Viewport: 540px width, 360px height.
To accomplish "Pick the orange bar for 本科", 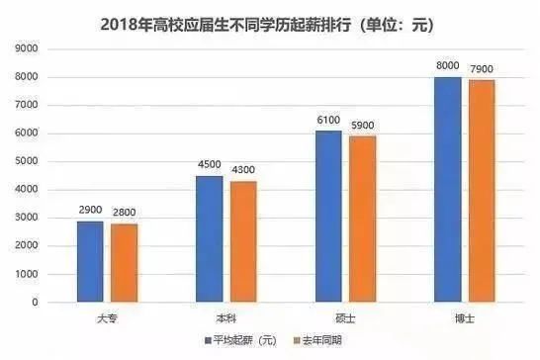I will [243, 242].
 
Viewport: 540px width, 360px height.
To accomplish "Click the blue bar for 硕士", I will [328, 217].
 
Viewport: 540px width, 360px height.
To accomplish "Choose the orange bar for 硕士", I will [362, 220].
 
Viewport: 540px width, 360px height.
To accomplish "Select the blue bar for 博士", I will [447, 190].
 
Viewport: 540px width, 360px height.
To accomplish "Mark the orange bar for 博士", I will [481, 191].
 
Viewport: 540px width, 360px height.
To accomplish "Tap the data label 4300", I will [243, 171].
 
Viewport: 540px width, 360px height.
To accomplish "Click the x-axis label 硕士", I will [345, 317].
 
